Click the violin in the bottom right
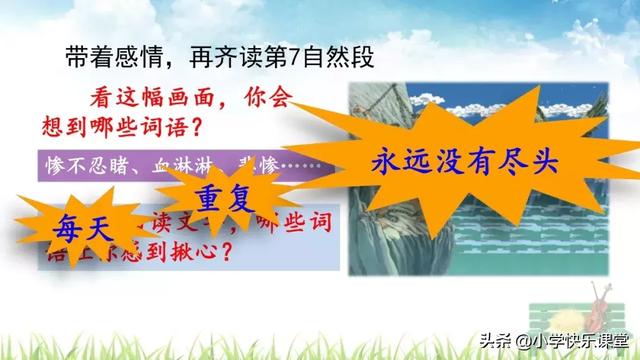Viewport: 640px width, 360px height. pyautogui.click(x=599, y=316)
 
